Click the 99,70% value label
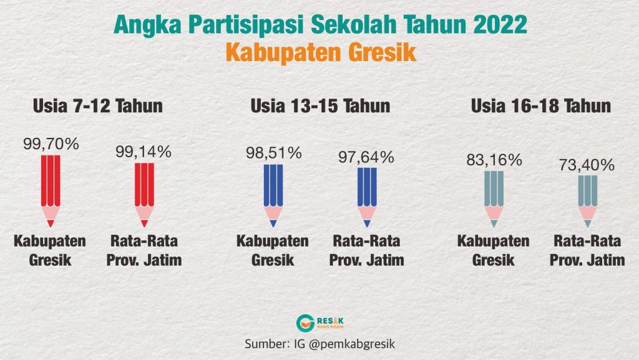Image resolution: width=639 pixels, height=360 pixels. point(51,144)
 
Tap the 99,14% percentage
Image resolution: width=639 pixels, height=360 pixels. point(144,152)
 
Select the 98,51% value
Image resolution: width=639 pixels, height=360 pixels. point(273,153)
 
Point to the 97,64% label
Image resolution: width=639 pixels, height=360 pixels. point(367,157)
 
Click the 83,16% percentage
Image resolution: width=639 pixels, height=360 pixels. point(494,160)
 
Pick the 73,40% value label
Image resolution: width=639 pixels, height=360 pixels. point(587,165)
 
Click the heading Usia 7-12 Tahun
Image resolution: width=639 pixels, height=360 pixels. point(97,106)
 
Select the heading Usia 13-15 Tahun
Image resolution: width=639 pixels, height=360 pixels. point(320,106)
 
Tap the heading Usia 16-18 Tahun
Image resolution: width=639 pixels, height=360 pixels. point(541,106)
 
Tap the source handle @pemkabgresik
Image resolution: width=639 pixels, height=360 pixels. point(360,343)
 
